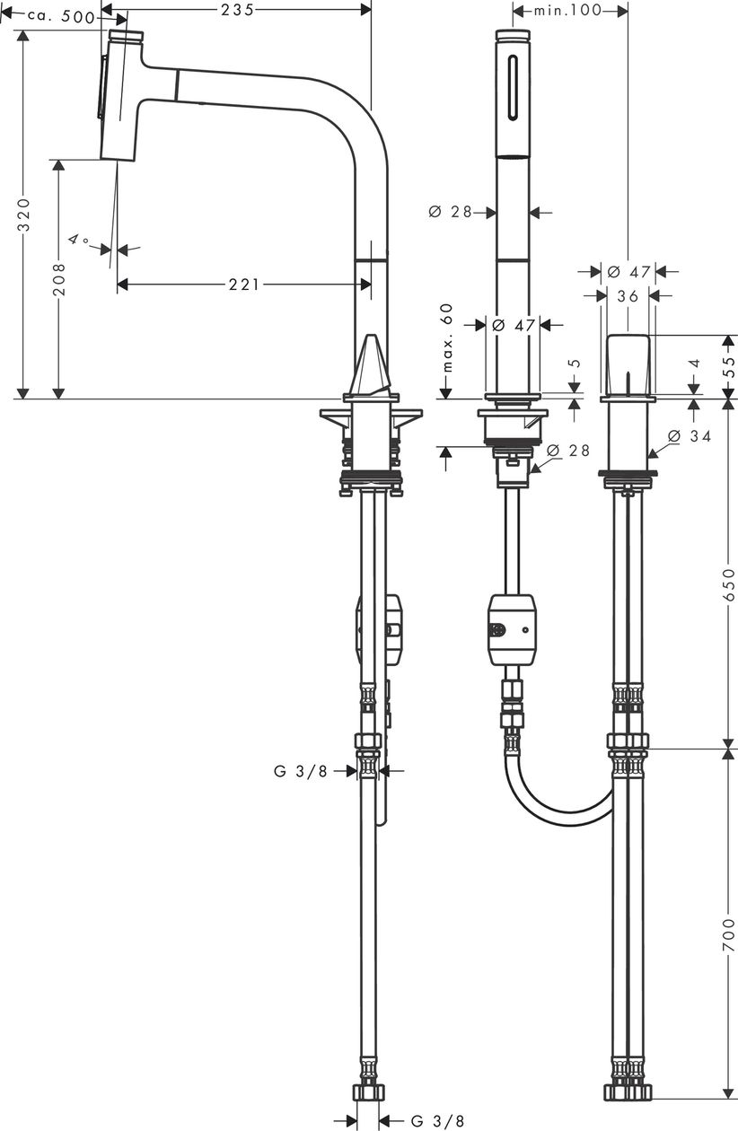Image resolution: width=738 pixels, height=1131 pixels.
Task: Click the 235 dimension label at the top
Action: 237,10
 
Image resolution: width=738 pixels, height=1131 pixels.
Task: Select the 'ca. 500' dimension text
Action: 61,17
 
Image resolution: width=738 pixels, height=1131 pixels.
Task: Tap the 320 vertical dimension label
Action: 23,215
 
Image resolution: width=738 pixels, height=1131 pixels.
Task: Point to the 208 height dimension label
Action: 59,279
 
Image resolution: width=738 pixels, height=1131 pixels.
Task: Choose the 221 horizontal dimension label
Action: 244,285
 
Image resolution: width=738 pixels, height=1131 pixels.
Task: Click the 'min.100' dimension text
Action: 567,10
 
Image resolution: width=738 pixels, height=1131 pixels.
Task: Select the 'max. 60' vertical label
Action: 447,338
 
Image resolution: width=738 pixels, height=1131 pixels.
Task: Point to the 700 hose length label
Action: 728,935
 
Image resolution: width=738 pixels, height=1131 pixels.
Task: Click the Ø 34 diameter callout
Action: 689,435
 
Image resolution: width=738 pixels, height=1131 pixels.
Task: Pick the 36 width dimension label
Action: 628,296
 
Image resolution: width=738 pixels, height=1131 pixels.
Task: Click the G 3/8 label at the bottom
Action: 437,1121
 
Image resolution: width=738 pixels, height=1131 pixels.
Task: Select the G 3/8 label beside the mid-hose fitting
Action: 301,771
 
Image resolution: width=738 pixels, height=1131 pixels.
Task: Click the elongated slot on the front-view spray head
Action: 513,88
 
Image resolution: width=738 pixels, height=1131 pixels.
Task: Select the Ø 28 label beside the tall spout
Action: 450,212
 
